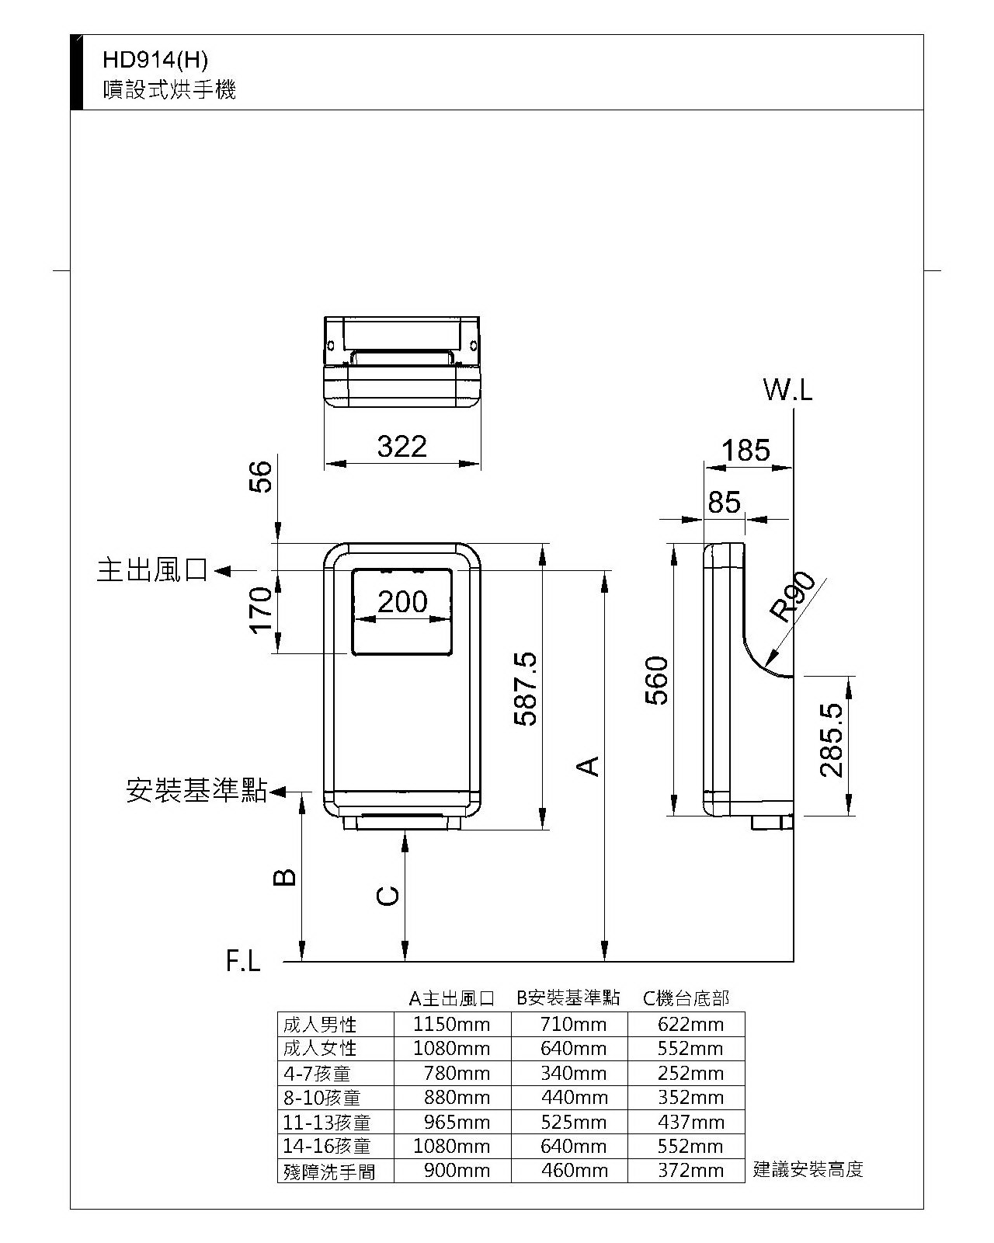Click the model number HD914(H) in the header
pos(155,60)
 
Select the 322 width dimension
pos(402,447)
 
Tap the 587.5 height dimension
pos(527,689)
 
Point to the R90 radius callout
pos(793,596)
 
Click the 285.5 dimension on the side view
pos(831,740)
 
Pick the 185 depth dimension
pos(745,451)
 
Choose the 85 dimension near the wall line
pos(724,503)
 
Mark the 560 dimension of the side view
pos(658,681)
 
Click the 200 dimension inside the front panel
pos(402,601)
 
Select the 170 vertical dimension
pos(262,611)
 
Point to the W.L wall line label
pos(787,390)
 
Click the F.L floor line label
pos(244,962)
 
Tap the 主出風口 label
pos(153,571)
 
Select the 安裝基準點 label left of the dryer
pos(196,791)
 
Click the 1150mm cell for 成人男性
pos(452,1024)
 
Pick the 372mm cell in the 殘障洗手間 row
pos(690,1170)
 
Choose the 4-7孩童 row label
pos(317,1073)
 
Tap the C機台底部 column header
pos(686,998)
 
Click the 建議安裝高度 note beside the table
pos(808,1169)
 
